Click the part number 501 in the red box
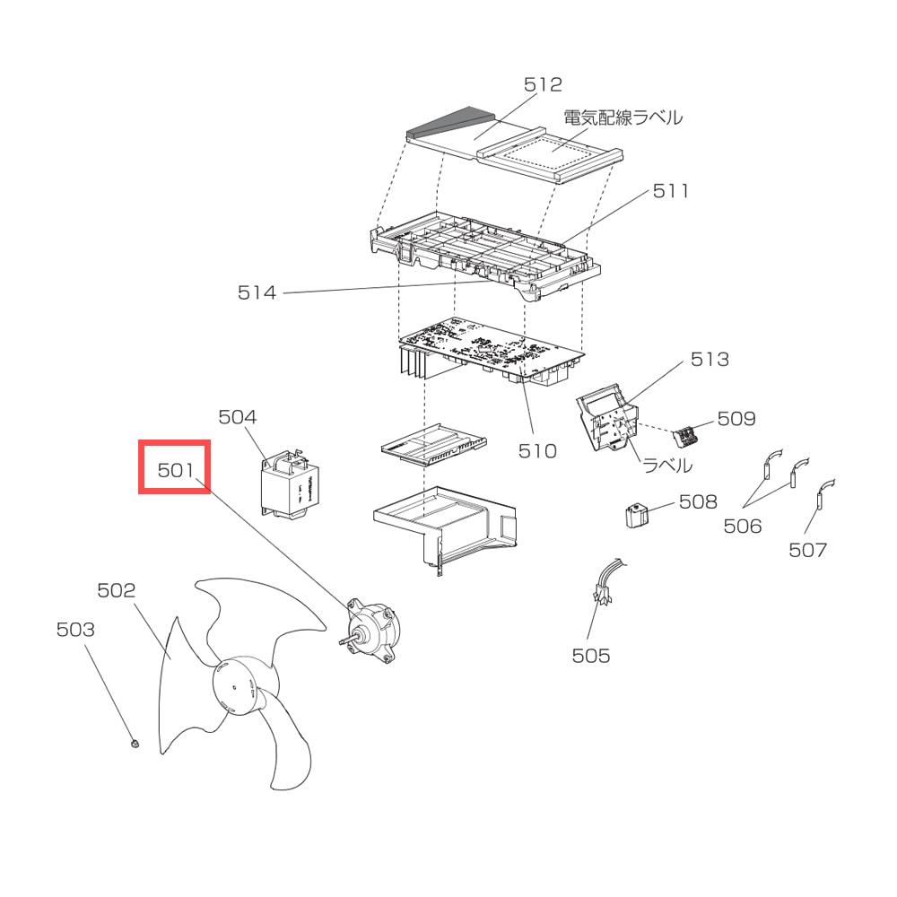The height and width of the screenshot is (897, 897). [176, 470]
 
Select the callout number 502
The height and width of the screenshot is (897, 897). [116, 590]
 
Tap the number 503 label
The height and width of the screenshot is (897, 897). [75, 630]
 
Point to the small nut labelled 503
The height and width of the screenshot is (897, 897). [135, 744]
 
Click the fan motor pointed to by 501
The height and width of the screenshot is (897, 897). [372, 631]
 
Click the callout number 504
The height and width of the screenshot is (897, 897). [238, 417]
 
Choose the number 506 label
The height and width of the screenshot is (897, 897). [743, 527]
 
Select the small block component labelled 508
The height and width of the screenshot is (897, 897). [637, 515]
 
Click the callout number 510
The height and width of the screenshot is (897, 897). [537, 451]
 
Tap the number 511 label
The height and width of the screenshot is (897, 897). [670, 191]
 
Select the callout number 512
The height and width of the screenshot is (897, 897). [543, 84]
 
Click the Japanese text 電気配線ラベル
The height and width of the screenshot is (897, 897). [623, 118]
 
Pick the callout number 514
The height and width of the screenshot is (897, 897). [257, 293]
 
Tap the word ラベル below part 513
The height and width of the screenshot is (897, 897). [667, 466]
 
